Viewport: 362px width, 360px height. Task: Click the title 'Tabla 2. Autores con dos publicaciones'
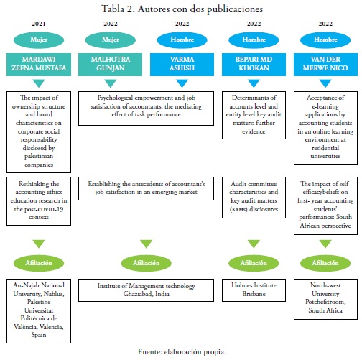(182, 9)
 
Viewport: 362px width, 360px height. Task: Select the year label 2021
(39, 24)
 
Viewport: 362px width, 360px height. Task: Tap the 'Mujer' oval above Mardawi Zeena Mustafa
(39, 40)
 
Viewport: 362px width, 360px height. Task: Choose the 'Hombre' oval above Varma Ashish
(182, 40)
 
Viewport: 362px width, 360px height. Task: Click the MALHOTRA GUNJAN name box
(110, 65)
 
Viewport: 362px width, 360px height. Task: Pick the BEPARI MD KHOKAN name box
(254, 65)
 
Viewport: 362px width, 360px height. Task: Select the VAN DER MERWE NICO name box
(325, 65)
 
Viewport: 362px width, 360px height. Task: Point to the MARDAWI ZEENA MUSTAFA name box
(39, 65)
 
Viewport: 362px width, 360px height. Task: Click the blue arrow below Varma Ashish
(182, 83)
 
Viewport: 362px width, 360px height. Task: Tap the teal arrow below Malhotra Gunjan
(111, 83)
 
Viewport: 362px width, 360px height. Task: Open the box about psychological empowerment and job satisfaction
(146, 109)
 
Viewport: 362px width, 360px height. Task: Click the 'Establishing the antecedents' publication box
(146, 188)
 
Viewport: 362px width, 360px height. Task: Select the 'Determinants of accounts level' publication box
(254, 115)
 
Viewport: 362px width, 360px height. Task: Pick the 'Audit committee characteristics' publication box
(254, 198)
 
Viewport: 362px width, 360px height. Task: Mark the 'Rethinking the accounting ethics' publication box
(39, 201)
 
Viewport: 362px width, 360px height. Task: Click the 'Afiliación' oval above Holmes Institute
(254, 263)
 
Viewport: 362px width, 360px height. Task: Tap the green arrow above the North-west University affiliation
(325, 244)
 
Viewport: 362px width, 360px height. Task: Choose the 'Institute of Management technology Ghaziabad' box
(146, 290)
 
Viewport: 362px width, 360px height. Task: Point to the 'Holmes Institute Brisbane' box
(254, 290)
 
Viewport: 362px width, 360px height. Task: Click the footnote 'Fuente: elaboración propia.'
(182, 351)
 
